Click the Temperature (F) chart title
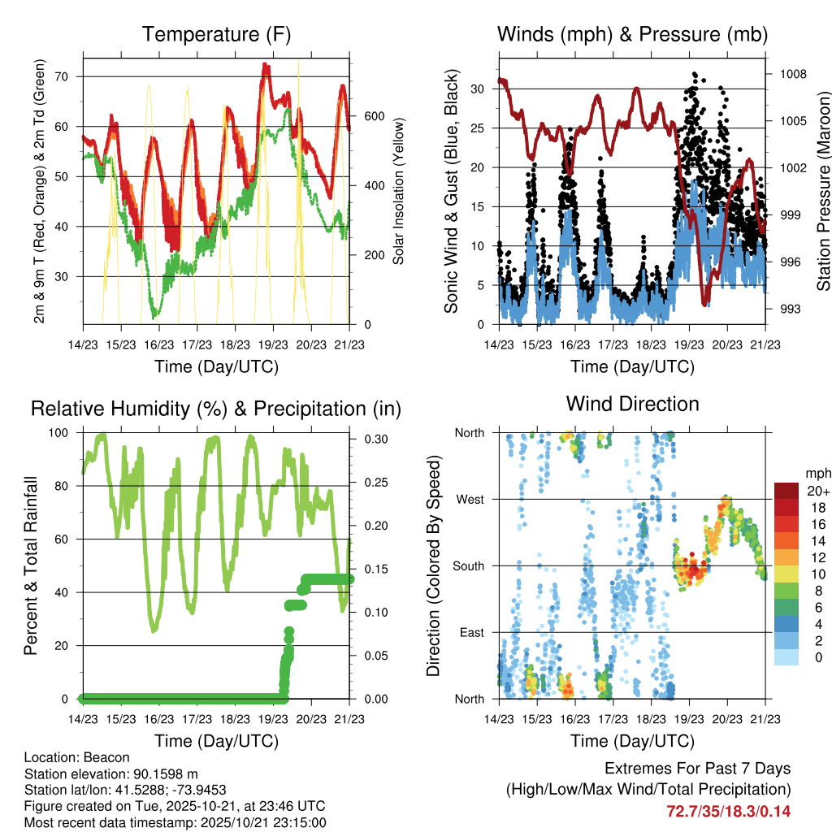pyautogui.click(x=216, y=35)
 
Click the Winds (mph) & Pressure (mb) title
pyautogui.click(x=632, y=35)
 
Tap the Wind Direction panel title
pyautogui.click(x=632, y=404)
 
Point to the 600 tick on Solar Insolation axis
pyautogui.click(x=374, y=116)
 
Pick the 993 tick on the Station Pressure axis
pyautogui.click(x=788, y=309)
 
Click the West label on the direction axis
pyautogui.click(x=470, y=500)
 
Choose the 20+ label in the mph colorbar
pyautogui.click(x=817, y=491)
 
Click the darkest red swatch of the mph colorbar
pyautogui.click(x=786, y=491)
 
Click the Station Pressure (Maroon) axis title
pyautogui.click(x=823, y=191)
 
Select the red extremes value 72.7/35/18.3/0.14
pyautogui.click(x=728, y=811)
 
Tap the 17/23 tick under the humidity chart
pyautogui.click(x=197, y=719)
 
